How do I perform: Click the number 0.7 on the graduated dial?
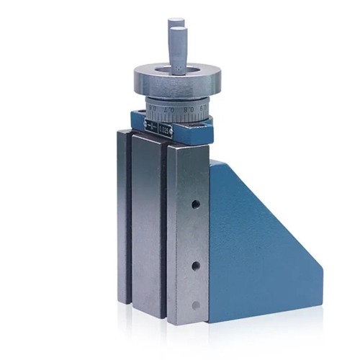coord(171,112)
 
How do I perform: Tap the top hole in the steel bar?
coord(195,204)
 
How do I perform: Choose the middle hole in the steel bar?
coord(195,267)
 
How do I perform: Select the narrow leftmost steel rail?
coord(124,216)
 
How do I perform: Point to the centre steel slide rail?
coord(147,223)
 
